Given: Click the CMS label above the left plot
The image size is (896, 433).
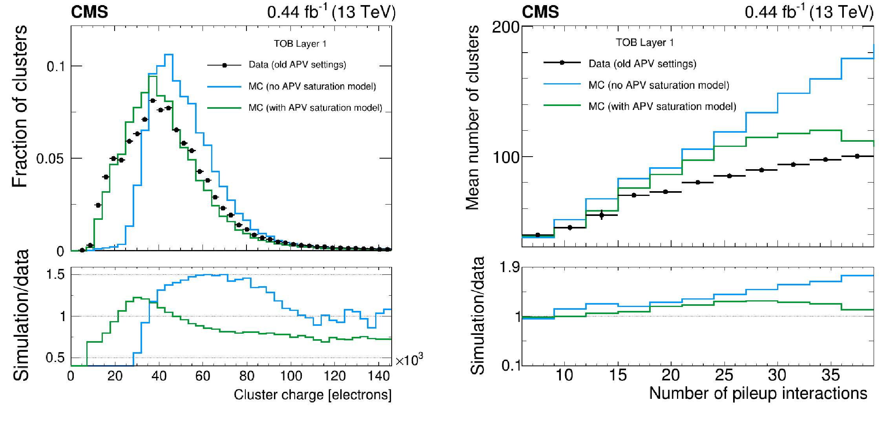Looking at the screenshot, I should [x=89, y=12].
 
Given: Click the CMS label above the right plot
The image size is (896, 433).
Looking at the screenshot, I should [x=540, y=12].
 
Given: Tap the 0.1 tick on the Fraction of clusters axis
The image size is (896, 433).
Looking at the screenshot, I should [x=56, y=66].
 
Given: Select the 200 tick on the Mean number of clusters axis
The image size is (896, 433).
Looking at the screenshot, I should [x=505, y=27].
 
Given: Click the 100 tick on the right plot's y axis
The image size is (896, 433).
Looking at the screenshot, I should [x=505, y=158].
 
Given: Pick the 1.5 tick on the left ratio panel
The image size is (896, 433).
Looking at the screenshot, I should [x=55, y=274].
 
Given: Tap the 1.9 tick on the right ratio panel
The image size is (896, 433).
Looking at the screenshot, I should [x=509, y=267].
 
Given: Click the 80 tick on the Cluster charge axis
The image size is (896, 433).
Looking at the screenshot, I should [x=246, y=376].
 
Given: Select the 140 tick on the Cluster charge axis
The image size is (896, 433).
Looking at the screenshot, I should [x=379, y=376].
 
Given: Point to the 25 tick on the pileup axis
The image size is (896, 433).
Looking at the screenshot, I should [x=724, y=375].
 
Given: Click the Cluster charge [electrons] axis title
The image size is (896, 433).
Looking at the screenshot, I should [x=312, y=395].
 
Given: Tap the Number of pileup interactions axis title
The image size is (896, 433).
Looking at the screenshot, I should [x=758, y=393].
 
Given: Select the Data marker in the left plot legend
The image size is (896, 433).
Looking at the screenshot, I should [x=224, y=65].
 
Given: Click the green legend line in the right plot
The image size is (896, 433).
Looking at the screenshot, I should [x=562, y=105].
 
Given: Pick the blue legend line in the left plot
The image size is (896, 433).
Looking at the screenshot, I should [x=224, y=86].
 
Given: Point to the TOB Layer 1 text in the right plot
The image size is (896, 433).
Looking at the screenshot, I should [x=644, y=42].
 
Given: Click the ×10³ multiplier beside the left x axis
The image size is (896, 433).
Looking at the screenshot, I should [x=409, y=360].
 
